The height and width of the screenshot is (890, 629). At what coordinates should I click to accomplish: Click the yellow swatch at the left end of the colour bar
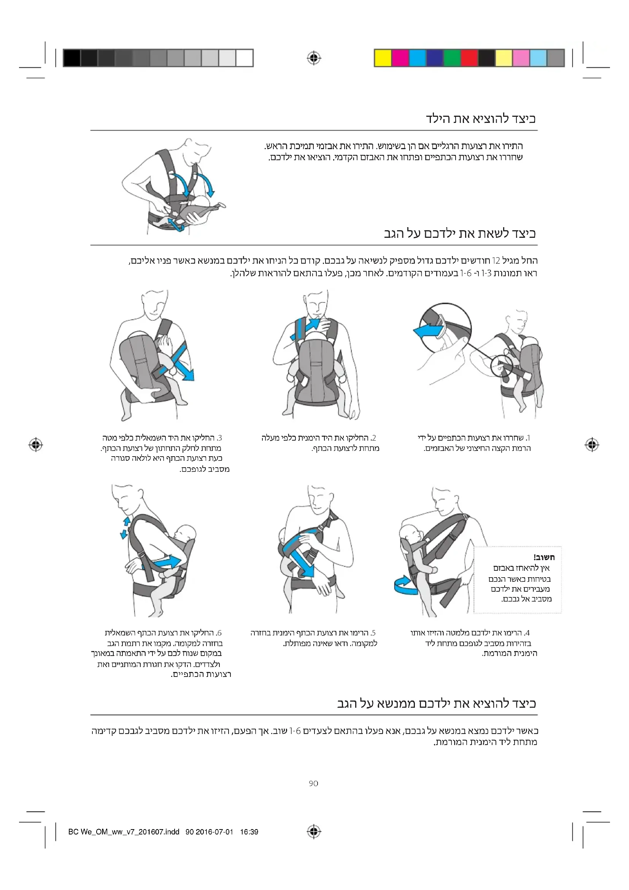coord(383,58)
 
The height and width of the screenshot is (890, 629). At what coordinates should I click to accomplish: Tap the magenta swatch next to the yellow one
coord(400,58)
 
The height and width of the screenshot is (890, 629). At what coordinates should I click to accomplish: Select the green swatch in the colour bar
coord(452,58)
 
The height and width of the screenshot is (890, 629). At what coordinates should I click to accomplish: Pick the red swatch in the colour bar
coord(469,58)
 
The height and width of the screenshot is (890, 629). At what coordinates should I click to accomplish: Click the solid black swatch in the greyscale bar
coord(71,58)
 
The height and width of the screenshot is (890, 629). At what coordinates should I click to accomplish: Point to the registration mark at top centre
coord(314,58)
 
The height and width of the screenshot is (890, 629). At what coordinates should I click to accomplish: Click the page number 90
coord(313,783)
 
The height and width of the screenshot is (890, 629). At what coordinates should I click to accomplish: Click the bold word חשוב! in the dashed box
coord(544,557)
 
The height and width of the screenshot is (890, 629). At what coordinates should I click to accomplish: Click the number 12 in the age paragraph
coord(496,261)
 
